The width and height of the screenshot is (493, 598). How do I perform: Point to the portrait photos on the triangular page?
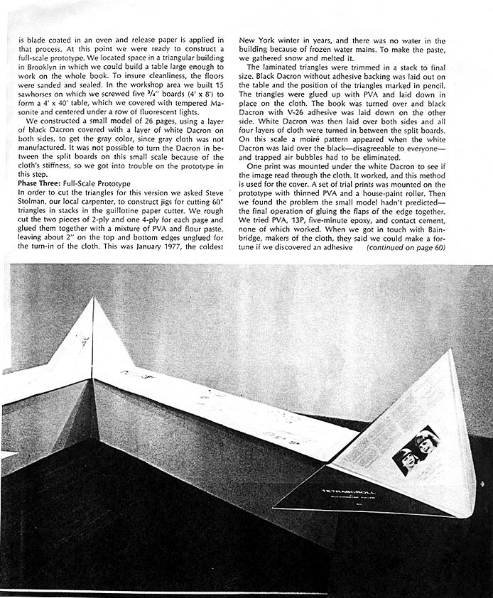pos(416,450)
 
